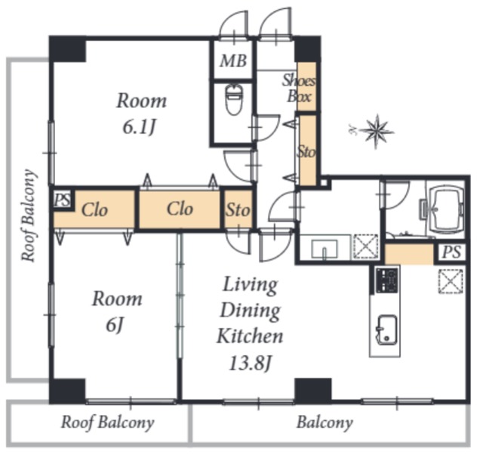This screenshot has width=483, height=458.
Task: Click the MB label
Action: click(x=233, y=60)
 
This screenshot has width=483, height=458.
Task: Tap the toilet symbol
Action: click(x=235, y=99)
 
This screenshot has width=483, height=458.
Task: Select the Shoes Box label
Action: click(x=299, y=88)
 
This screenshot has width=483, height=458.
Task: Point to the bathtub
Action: click(x=446, y=209)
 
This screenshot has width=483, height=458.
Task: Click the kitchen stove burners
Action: click(x=387, y=280)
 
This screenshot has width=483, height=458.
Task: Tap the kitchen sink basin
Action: click(x=387, y=330)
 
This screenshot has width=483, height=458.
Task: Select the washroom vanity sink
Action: click(x=324, y=249)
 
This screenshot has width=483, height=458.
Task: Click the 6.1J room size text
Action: click(x=139, y=127)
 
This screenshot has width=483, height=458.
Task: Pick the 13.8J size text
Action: click(x=250, y=364)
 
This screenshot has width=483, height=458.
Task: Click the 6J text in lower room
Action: click(x=115, y=325)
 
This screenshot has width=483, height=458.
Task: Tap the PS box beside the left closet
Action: click(x=63, y=200)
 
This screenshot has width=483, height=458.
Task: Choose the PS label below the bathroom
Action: click(x=451, y=252)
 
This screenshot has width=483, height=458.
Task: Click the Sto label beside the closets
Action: click(x=238, y=210)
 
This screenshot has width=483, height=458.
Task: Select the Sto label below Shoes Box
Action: click(x=306, y=152)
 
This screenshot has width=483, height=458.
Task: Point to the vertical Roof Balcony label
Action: click(x=29, y=216)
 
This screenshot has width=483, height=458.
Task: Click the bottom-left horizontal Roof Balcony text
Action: click(x=107, y=422)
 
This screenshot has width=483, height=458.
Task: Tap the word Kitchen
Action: click(x=250, y=336)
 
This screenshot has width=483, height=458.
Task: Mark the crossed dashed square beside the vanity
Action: click(x=365, y=246)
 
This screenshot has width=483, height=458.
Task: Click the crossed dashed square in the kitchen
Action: click(x=451, y=281)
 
